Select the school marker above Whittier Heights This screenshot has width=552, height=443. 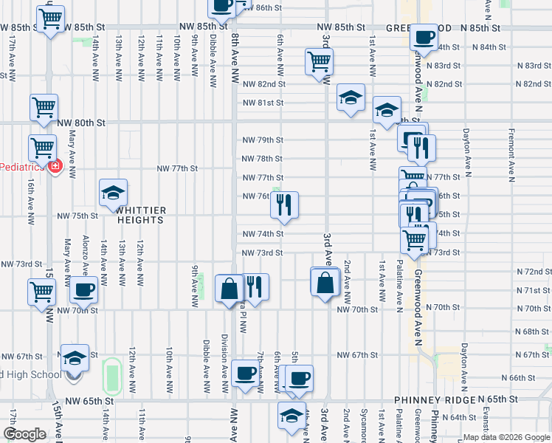[113, 193]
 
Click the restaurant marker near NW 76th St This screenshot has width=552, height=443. [284, 206]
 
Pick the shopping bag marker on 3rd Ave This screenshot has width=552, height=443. [325, 283]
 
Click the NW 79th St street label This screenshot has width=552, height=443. [263, 140]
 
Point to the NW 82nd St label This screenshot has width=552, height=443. [263, 84]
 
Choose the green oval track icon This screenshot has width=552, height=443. [111, 374]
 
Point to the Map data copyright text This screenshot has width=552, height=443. [506, 437]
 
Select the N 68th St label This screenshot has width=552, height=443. [532, 332]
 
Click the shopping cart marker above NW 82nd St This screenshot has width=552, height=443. [319, 63]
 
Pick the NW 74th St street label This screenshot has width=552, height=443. [263, 234]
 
